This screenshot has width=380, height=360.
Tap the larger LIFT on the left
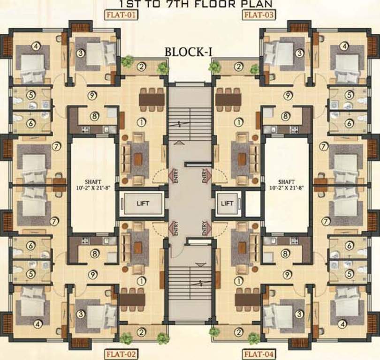click(142, 203)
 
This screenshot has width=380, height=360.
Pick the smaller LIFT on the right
click(227, 203)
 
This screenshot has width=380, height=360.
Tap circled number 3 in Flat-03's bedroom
click(299, 53)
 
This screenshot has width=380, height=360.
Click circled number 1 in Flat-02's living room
click(141, 281)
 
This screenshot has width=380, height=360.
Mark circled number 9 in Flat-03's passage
click(287, 95)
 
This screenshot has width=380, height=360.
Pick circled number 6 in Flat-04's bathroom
click(349, 245)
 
